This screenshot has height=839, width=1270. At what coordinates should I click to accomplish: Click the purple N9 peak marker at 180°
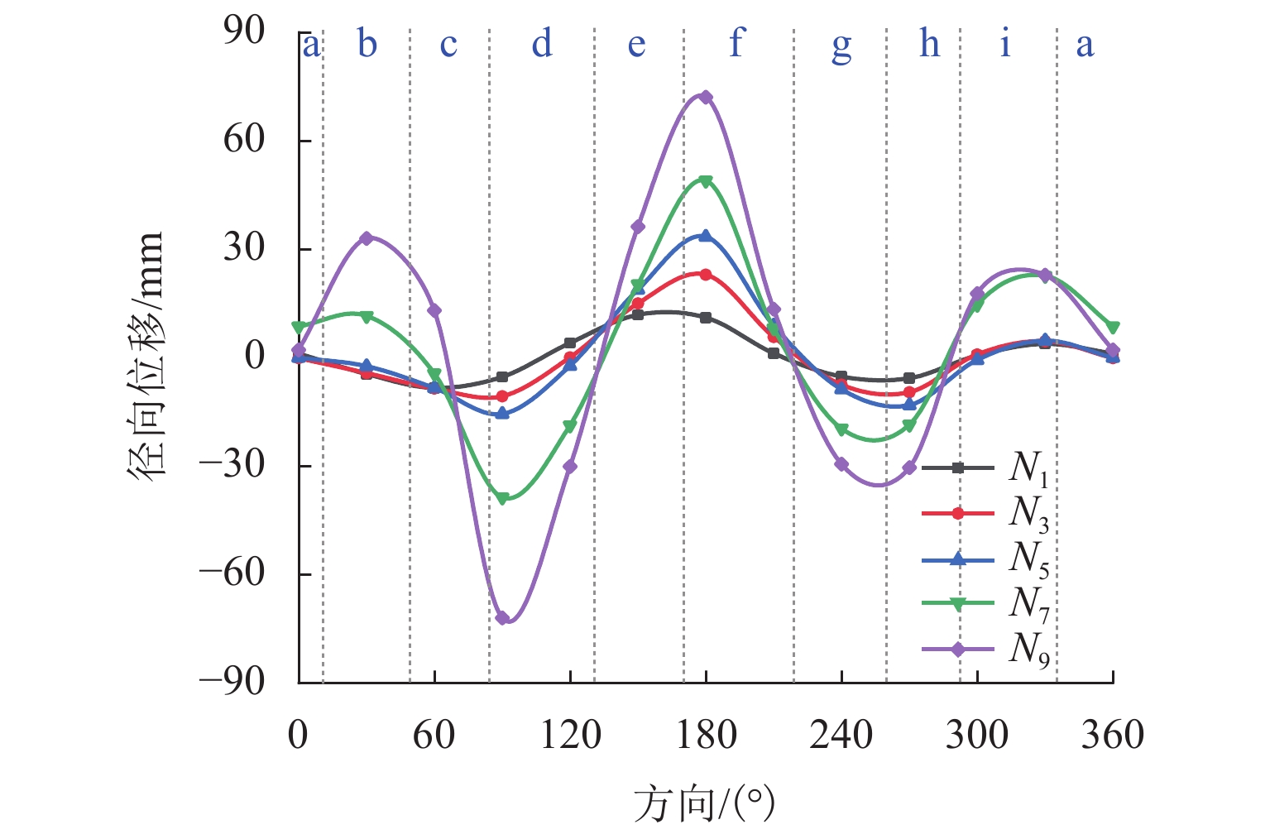coord(706,97)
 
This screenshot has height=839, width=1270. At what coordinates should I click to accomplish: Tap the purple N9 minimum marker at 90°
coord(502,618)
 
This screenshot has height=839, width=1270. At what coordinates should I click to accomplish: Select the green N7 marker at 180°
coord(706,181)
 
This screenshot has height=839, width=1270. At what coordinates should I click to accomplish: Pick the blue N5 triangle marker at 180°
coord(706,236)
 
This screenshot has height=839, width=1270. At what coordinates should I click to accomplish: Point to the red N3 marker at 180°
coord(706,274)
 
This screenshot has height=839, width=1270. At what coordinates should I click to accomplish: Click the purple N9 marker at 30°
coord(367,238)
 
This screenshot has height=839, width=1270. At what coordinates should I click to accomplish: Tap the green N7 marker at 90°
coord(502,498)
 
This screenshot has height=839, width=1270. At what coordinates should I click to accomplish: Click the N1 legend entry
coord(985,468)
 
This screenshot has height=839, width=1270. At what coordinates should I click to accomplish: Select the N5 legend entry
coord(985,560)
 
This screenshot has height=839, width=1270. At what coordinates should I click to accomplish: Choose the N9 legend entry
coord(985,650)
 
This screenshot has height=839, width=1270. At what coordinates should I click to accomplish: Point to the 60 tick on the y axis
coord(243,139)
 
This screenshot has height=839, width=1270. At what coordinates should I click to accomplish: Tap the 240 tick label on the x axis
coord(841,735)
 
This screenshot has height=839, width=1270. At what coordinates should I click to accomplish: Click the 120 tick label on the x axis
coord(570,735)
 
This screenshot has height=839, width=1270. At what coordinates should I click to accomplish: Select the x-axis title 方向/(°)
coord(704,803)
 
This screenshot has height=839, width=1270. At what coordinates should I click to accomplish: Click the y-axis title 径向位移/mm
coord(147,356)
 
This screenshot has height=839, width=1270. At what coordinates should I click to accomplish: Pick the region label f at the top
coord(736,43)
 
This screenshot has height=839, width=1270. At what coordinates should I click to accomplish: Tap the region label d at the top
coord(542,43)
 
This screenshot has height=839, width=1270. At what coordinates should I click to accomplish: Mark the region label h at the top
coord(930,43)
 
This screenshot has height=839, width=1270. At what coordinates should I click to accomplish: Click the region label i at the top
coord(1005,43)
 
